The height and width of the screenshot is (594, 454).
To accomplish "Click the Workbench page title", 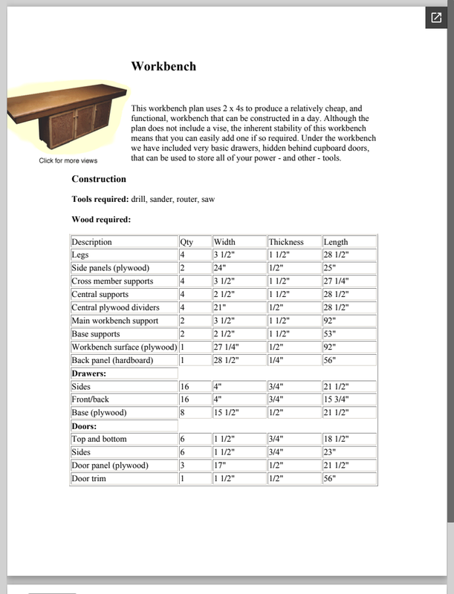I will click(163, 66).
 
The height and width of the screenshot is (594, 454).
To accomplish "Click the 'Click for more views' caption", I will click(68, 161).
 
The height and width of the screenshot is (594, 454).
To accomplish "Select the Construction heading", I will click(99, 179).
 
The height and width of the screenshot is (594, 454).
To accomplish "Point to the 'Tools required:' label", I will click(100, 199).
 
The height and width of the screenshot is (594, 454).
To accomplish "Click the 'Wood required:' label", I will click(101, 219).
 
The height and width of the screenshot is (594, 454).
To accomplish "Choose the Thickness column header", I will click(286, 242).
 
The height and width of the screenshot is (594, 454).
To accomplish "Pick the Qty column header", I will click(187, 242).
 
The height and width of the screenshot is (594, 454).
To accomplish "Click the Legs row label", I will click(80, 255).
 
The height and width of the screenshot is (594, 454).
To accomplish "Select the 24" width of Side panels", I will click(221, 268).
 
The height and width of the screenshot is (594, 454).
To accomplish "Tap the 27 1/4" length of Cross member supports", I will click(337, 281).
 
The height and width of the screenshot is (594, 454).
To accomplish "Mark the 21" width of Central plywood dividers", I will click(221, 307).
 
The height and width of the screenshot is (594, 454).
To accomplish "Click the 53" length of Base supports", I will click(330, 334).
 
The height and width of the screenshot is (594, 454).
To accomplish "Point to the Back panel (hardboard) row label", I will click(112, 360).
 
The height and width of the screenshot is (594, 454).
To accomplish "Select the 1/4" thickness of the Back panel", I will click(276, 360).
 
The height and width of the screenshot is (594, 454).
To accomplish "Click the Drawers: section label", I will click(89, 373).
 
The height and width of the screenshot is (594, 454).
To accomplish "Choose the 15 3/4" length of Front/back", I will click(337, 399).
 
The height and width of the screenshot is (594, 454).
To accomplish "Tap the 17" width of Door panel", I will click(221, 466).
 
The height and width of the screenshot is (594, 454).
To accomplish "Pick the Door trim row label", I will click(88, 479).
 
